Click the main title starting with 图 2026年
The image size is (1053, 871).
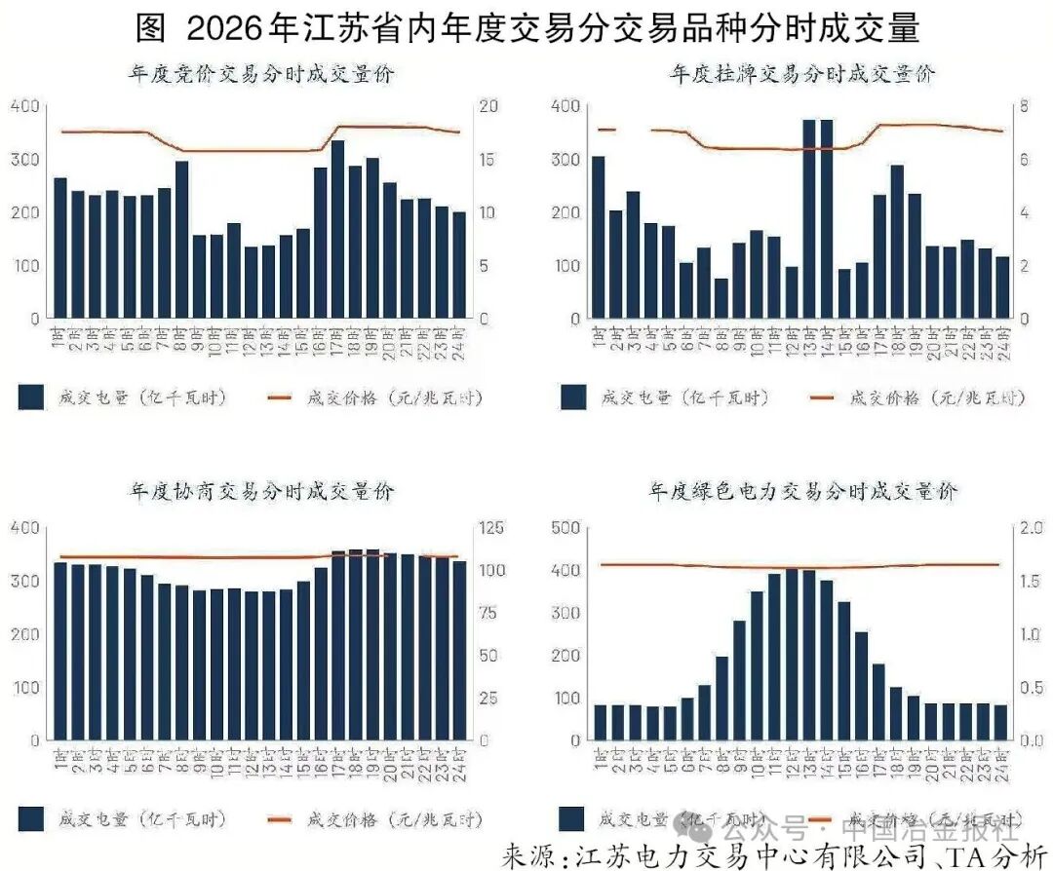click(x=527, y=28)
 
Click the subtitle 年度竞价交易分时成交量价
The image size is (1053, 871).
click(x=261, y=73)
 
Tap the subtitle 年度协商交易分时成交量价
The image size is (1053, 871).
click(x=261, y=492)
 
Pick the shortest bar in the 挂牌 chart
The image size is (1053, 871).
click(x=721, y=298)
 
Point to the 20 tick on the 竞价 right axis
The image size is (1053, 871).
click(x=488, y=106)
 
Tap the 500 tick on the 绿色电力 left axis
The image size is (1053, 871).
click(x=566, y=528)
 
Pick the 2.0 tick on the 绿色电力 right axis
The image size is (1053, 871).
click(x=1031, y=528)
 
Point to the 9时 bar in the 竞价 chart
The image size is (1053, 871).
click(x=200, y=277)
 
